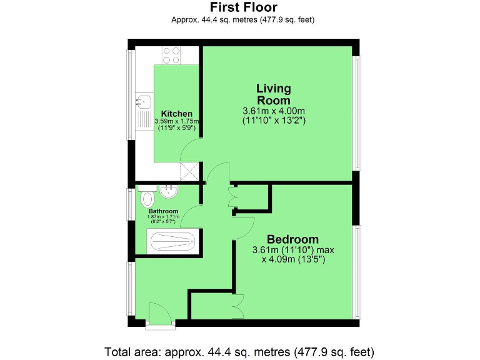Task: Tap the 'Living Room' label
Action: (x=273, y=94)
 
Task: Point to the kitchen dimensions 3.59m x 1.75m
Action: (x=176, y=121)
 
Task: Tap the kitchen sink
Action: (x=143, y=100)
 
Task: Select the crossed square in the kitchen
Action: (x=189, y=171)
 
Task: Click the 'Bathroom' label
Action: (x=163, y=211)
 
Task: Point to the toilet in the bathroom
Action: (x=147, y=198)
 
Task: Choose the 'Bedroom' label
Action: (x=292, y=239)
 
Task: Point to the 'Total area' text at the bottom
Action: (x=239, y=351)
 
